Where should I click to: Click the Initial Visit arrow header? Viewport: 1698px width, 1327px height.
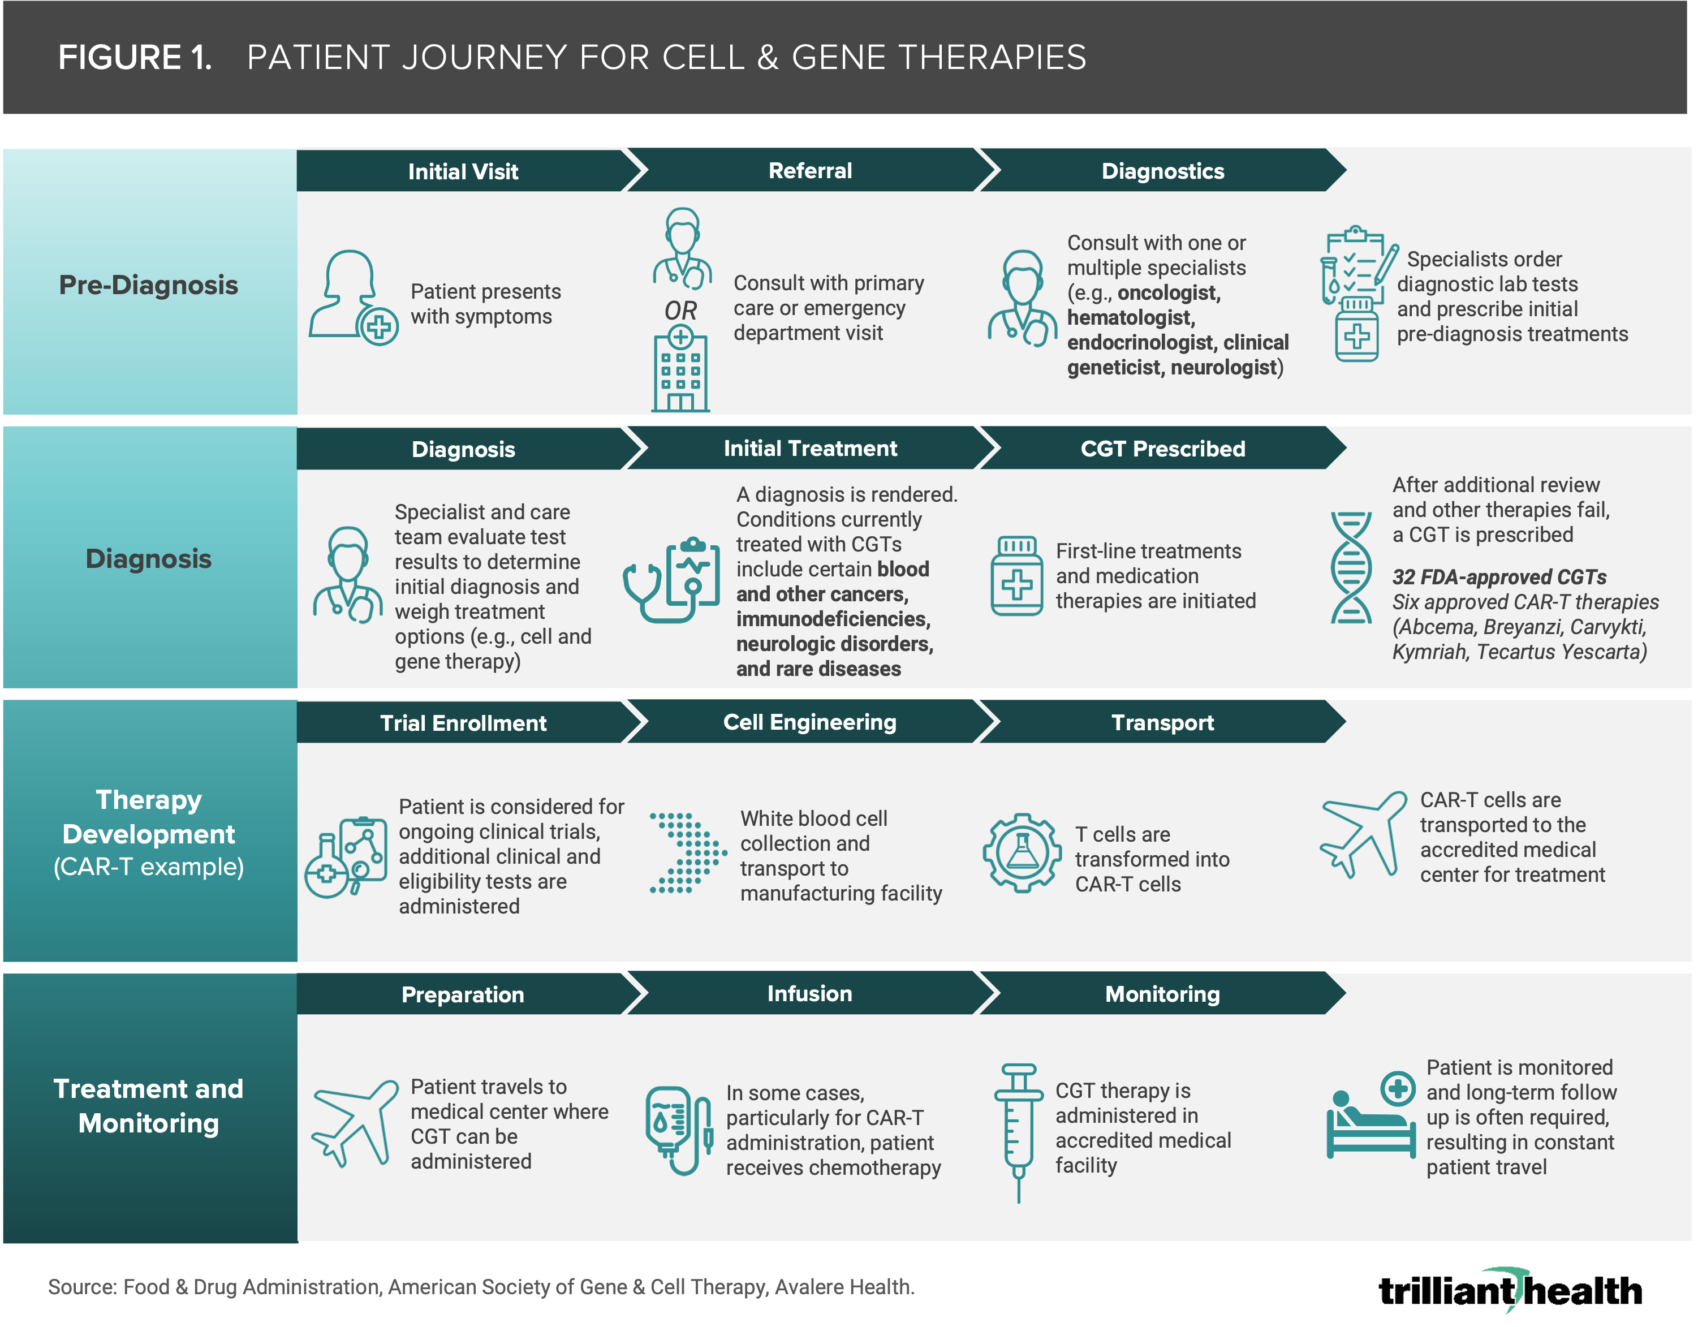(x=463, y=171)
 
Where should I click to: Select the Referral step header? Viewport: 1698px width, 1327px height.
(x=810, y=171)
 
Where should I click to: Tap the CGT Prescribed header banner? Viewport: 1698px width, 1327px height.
(x=1162, y=449)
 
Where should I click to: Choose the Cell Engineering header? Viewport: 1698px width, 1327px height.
(x=809, y=722)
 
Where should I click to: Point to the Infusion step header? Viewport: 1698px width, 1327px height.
(x=809, y=993)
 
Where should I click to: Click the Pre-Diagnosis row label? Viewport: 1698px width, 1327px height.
(x=149, y=285)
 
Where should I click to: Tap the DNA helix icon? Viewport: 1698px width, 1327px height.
(x=1351, y=567)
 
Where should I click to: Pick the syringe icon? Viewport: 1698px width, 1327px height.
(x=1018, y=1131)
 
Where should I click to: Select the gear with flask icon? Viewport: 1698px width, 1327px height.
(x=1022, y=853)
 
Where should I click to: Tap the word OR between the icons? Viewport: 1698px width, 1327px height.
(x=680, y=311)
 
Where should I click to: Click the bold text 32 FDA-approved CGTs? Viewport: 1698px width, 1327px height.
(x=1499, y=577)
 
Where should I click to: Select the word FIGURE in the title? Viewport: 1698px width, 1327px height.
(x=120, y=58)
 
